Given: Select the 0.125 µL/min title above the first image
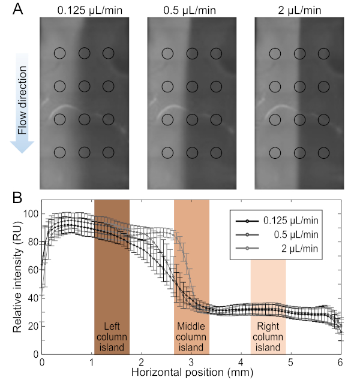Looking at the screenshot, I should tap(84, 10).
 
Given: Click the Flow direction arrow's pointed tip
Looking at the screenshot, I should tap(22, 151).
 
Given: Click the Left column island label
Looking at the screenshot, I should tap(112, 337).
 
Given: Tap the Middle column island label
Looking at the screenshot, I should tap(191, 337).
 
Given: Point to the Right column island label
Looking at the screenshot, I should tap(268, 337).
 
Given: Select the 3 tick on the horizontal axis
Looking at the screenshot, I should tap(191, 362).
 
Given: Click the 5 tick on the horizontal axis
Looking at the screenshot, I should tap(290, 362).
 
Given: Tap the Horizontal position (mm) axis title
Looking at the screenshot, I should tap(191, 372).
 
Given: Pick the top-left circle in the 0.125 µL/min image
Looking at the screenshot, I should tap(59, 53).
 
